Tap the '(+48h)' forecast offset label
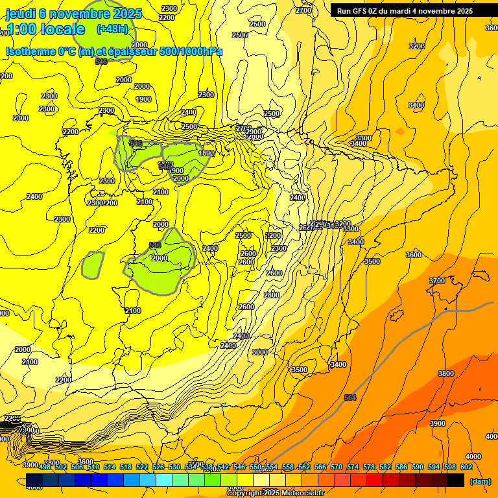click(112, 29)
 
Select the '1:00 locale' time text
click(45, 29)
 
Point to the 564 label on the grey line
click(350, 397)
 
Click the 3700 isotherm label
click(437, 281)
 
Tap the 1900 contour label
click(143, 99)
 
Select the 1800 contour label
click(206, 153)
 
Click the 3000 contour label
click(259, 352)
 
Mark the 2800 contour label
click(272, 295)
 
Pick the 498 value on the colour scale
click(45, 467)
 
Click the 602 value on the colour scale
click(466, 467)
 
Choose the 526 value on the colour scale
click(158, 467)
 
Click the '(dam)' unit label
click(481, 480)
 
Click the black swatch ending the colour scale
click(456, 480)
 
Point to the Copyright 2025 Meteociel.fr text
click(275, 493)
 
